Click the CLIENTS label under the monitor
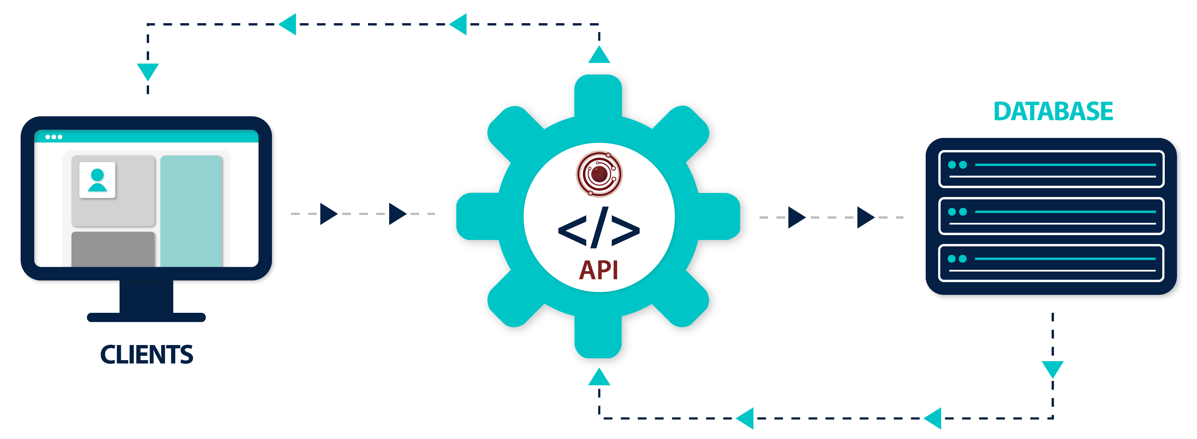tap(146, 354)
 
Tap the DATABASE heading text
tap(1053, 111)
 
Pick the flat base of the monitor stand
tap(146, 317)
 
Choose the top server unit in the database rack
tap(1051, 169)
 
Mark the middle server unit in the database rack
tap(1051, 216)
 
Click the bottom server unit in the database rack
tap(1051, 263)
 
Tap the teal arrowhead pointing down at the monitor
tap(148, 71)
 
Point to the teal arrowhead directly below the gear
tap(599, 377)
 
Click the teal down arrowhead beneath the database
tap(1053, 369)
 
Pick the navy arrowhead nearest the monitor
tap(328, 214)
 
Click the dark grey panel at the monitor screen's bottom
tap(113, 249)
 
